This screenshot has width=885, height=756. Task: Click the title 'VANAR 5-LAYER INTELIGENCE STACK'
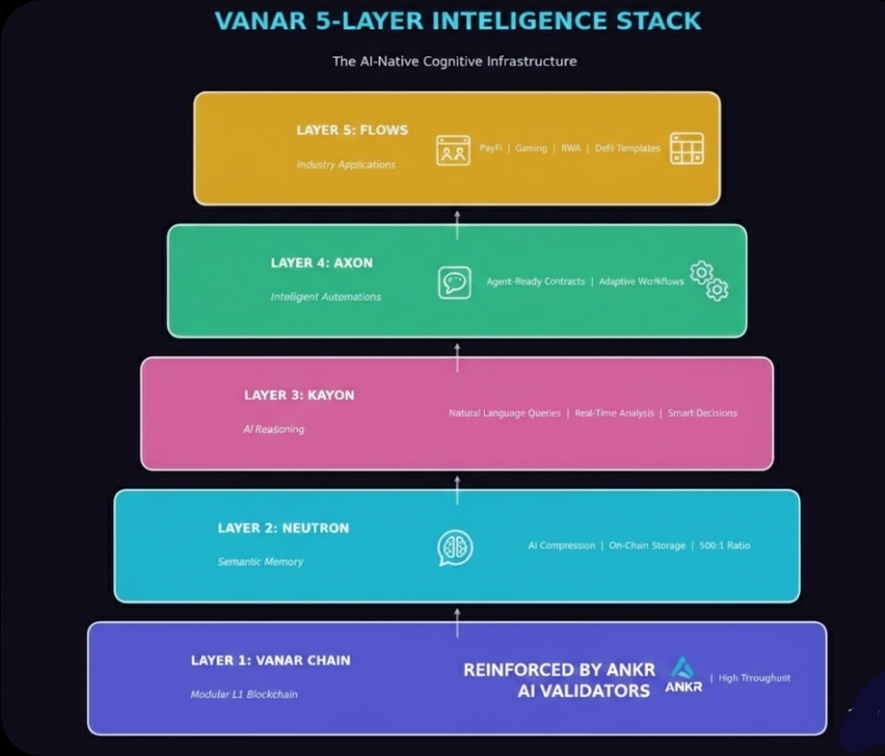457,20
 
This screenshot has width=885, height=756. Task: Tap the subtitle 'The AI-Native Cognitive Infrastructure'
454,61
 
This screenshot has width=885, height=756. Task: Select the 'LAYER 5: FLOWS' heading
352,130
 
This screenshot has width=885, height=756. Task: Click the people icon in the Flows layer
453,149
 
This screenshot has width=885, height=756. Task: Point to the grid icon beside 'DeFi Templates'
687,148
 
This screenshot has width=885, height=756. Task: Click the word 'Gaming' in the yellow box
531,148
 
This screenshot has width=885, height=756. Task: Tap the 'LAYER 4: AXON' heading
322,263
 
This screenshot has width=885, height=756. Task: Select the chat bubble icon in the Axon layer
454,282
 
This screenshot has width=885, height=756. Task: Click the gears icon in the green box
710,280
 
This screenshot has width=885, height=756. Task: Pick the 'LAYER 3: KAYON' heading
299,396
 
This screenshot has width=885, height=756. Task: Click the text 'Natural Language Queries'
504,413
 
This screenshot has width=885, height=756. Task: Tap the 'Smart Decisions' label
702,413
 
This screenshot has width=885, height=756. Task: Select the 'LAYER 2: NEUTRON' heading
283,528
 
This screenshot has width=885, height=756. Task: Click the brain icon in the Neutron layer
455,548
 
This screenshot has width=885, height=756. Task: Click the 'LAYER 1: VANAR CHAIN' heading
270,660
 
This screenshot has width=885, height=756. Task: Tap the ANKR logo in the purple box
683,675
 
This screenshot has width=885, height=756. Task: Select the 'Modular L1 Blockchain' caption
244,694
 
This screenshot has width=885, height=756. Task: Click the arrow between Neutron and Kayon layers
457,489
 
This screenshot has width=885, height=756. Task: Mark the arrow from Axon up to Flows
457,223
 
